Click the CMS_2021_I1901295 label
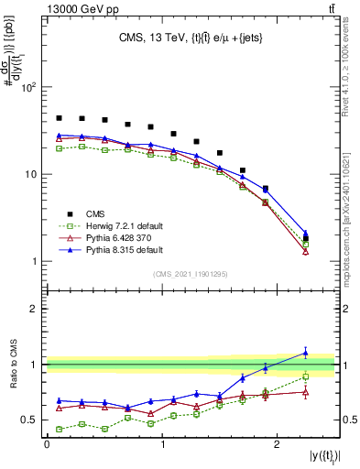191,274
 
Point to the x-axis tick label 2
278,443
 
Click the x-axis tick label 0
47,443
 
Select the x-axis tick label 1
162,443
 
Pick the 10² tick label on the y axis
30,88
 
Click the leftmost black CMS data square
59,118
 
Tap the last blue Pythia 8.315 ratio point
306,353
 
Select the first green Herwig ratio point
59,429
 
